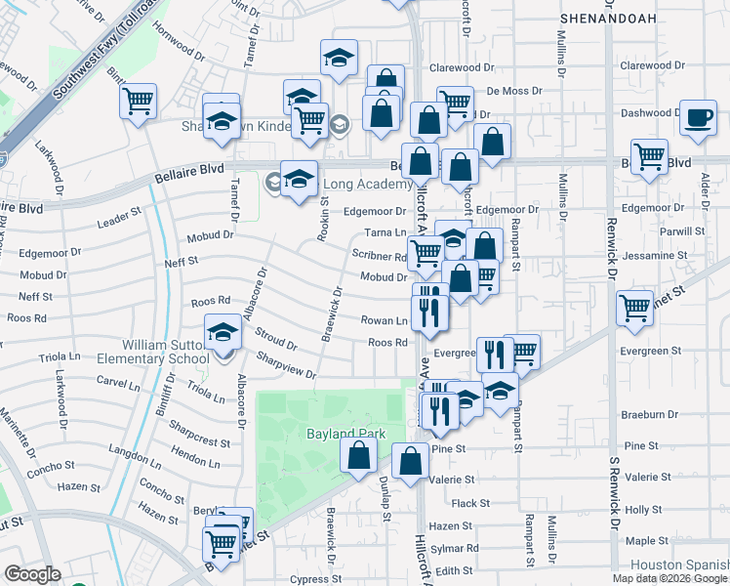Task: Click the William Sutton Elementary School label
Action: (x=166, y=352)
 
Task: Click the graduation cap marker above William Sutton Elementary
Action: (x=223, y=332)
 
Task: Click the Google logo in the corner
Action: (x=32, y=574)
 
